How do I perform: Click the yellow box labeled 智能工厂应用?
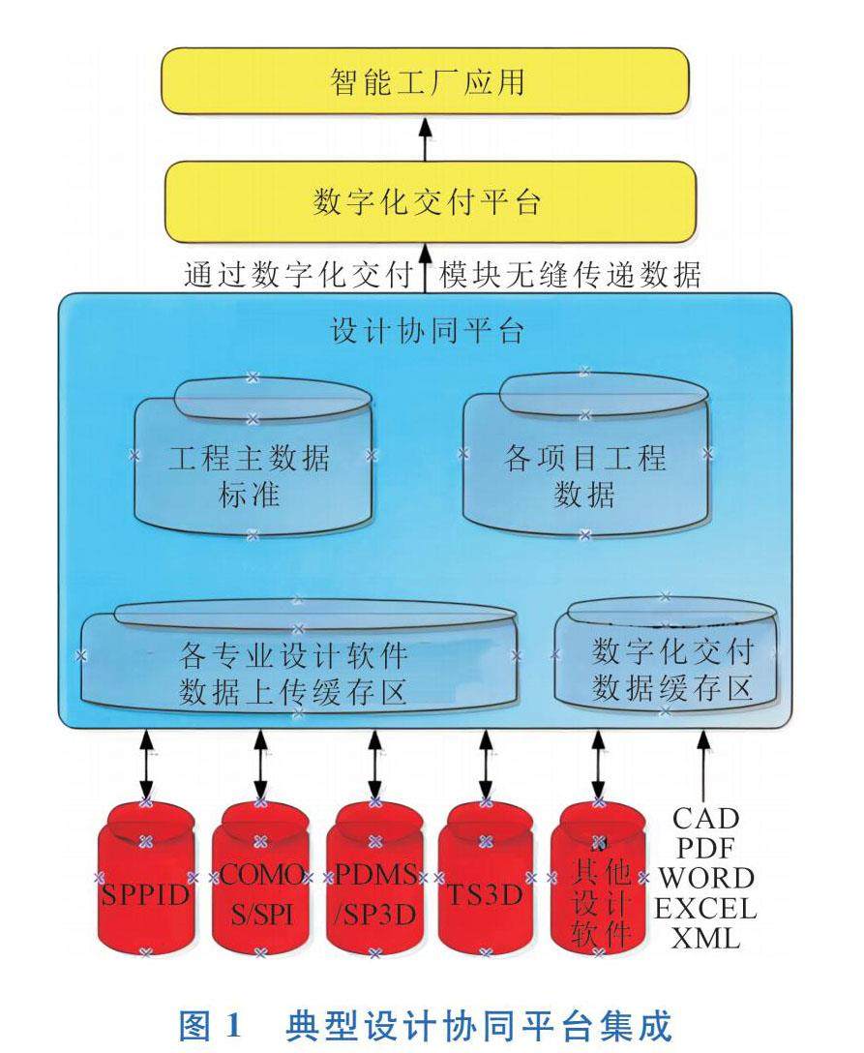pyautogui.click(x=426, y=80)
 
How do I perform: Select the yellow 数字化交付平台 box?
pyautogui.click(x=430, y=201)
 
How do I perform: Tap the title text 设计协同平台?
pyautogui.click(x=428, y=330)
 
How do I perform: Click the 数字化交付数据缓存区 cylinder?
pyautogui.click(x=666, y=655)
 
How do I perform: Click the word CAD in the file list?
pyautogui.click(x=705, y=819)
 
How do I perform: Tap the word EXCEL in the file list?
pyautogui.click(x=705, y=909)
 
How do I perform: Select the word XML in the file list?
pyautogui.click(x=705, y=938)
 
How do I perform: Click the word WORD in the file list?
pyautogui.click(x=705, y=879)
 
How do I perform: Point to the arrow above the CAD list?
pyautogui.click(x=703, y=765)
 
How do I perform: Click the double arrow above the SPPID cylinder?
pyautogui.click(x=146, y=766)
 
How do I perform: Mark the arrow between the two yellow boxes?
pyautogui.click(x=425, y=138)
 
